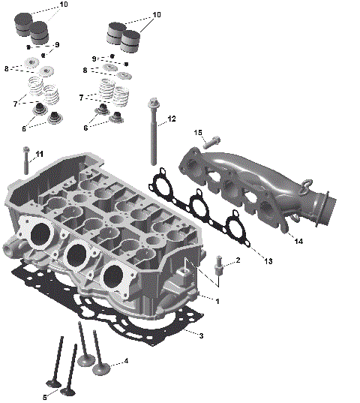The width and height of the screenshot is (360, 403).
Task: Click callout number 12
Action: click(172, 119)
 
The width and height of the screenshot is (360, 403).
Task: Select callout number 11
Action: click(40, 154)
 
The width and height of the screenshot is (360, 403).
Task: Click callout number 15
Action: click(199, 133)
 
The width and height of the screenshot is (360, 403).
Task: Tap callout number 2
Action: click(238, 260)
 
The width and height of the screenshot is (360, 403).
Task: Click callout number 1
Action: click(217, 301)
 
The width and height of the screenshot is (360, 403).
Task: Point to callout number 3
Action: click(201, 335)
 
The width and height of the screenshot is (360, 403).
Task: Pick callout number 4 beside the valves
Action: click(126, 361)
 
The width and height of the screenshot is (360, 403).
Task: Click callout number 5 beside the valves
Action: click(44, 396)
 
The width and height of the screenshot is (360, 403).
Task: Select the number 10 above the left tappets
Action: click(62, 5)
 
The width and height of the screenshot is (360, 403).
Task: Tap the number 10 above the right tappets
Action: click(156, 14)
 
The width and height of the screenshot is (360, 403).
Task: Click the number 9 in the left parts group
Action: click(56, 45)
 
